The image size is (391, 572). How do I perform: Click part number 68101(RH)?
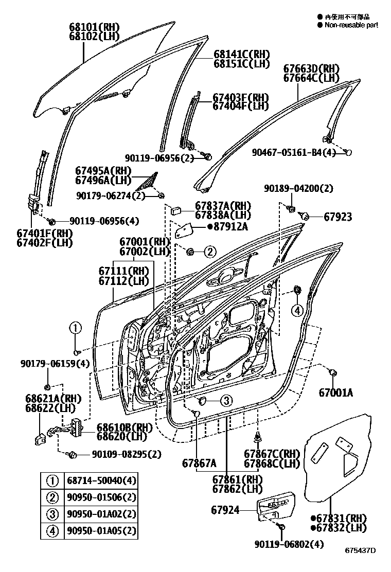pyautogui.click(x=94, y=26)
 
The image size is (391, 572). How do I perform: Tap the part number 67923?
pyautogui.click(x=338, y=217)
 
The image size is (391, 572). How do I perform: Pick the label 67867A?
pyautogui.click(x=199, y=462)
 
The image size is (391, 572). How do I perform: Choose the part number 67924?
pyautogui.click(x=225, y=510)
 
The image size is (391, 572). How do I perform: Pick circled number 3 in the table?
pyautogui.click(x=52, y=514)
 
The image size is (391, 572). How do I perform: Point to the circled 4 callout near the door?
pyautogui.click(x=297, y=310)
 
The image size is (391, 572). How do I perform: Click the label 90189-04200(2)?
pyautogui.click(x=299, y=188)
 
